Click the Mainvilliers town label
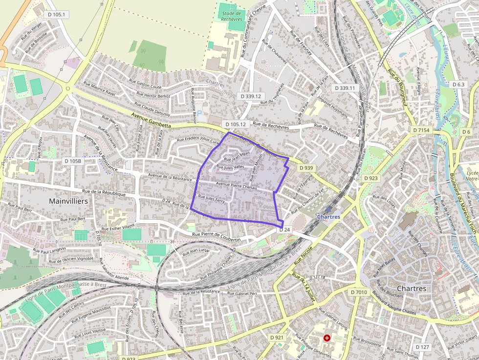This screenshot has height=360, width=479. point(68,201)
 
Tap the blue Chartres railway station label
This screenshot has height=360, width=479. point(328,216)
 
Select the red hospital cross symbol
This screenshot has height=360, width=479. point(327,338)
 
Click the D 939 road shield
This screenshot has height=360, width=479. point(305,168)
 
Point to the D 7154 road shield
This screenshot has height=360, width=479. point(420,130)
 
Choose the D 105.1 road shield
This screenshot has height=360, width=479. point(57,15)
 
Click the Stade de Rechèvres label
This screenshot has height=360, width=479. point(231,17)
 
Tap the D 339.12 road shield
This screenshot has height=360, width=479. point(251,96)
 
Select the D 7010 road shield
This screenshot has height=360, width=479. point(359,292)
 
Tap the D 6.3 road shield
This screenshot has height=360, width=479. point(458,85)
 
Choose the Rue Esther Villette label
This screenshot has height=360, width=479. point(117,227)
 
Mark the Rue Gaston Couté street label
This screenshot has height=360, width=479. point(145,84)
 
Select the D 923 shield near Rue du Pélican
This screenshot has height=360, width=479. point(371,178)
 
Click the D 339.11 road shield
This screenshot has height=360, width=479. point(345,88)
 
